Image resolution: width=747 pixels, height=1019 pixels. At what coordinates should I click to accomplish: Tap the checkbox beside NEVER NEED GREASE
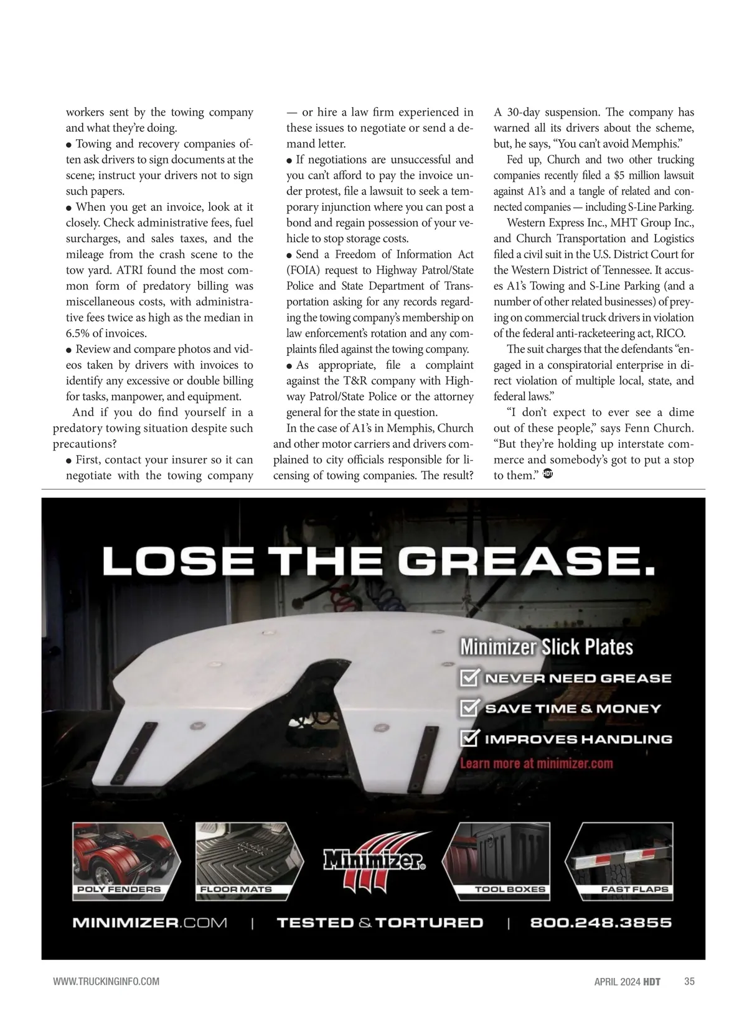tap(469, 678)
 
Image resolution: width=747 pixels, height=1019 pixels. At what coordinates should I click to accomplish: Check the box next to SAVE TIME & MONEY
tap(469, 708)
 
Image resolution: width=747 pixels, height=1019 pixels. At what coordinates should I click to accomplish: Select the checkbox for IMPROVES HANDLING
tap(469, 738)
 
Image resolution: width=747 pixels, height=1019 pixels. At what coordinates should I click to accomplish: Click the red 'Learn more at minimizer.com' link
tap(536, 763)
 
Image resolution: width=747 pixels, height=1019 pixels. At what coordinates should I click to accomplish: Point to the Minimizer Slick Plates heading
tap(546, 647)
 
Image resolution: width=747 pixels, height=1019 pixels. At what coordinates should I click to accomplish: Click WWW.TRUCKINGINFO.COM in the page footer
tap(106, 982)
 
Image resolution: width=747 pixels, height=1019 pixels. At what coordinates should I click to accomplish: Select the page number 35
tap(689, 982)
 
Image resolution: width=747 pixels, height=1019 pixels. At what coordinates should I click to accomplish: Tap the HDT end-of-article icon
tap(548, 473)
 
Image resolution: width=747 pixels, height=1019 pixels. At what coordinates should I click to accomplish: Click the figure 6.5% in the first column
tap(79, 333)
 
